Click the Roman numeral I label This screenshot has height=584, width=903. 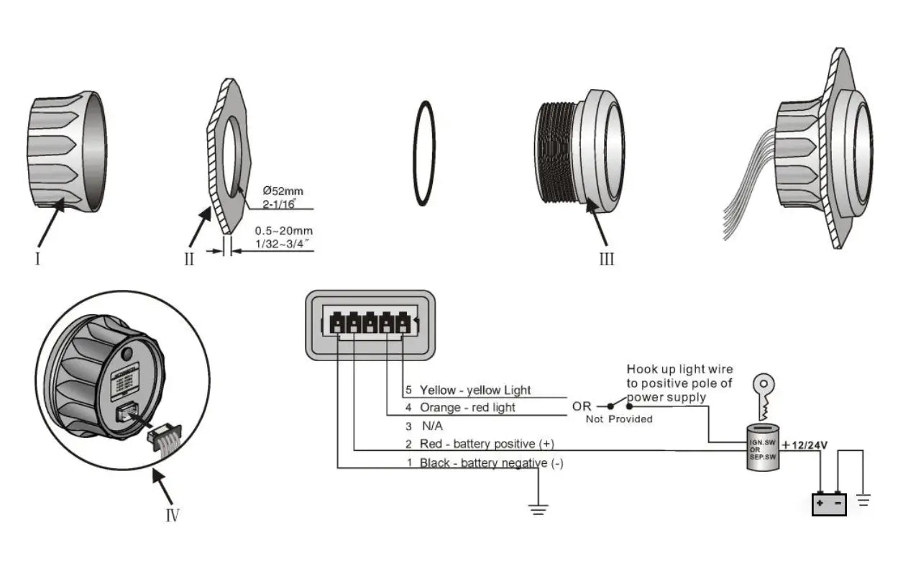tap(37, 257)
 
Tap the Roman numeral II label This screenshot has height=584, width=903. tap(188, 259)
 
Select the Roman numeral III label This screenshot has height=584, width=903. tap(607, 259)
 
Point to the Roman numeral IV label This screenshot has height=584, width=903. tap(173, 515)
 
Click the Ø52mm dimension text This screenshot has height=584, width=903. tap(283, 191)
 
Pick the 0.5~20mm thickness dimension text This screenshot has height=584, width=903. tap(285, 232)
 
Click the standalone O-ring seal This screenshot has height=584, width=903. tap(424, 153)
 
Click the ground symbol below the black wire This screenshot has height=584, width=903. tap(538, 509)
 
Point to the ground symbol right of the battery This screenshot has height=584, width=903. tap(864, 498)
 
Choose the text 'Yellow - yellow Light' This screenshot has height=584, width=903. tap(475, 390)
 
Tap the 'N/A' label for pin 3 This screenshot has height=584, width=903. tap(432, 426)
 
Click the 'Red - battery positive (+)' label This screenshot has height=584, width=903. tap(487, 444)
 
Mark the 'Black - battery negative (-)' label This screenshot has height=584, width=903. tap(491, 463)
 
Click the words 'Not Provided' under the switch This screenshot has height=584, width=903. tap(619, 419)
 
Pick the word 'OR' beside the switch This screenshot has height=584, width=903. tap(582, 407)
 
